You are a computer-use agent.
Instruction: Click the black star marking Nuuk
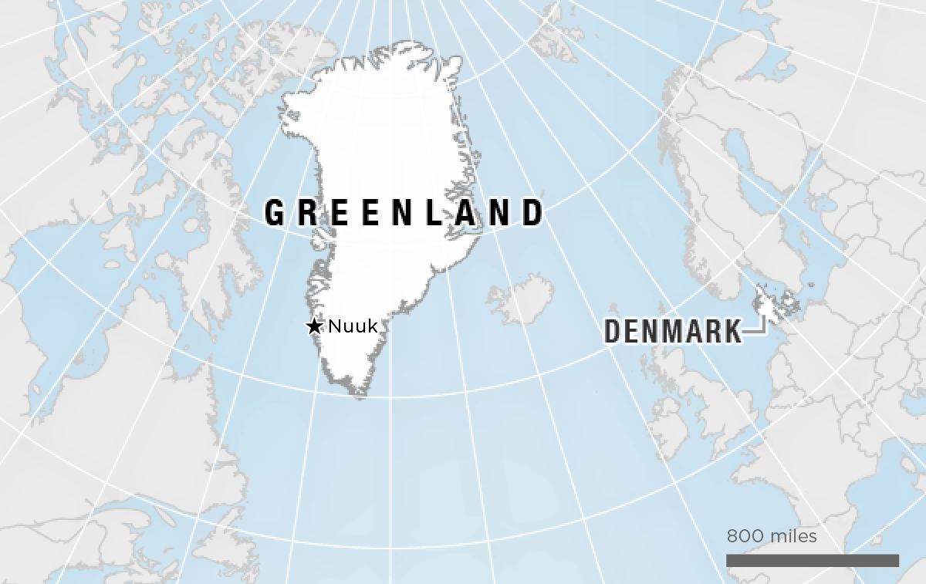click(314, 327)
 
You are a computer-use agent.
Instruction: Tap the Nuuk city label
click(353, 326)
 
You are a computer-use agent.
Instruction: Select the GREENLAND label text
click(404, 213)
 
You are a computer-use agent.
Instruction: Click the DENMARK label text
click(672, 332)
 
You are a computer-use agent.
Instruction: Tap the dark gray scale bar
click(812, 560)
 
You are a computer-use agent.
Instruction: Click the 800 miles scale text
click(771, 535)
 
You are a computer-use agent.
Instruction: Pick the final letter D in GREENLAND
click(532, 213)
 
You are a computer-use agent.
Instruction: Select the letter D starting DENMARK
click(613, 332)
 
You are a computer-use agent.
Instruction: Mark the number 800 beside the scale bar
click(743, 535)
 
